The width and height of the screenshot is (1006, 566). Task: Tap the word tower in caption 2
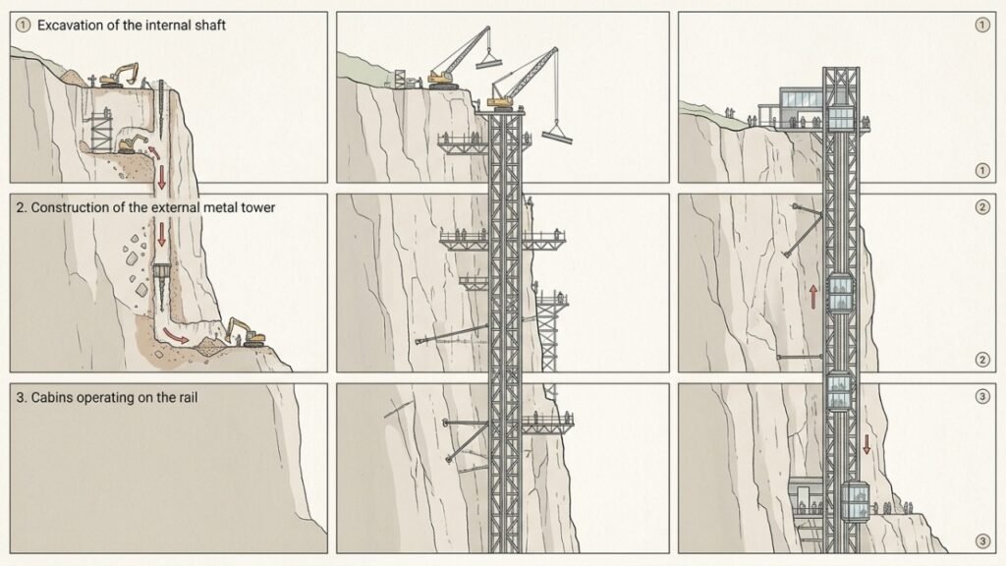257,207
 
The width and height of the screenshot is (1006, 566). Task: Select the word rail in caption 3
187,397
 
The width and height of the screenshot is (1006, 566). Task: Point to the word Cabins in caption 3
51,397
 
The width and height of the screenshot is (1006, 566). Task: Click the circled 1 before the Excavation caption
24,25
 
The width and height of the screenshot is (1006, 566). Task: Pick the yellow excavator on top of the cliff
119,75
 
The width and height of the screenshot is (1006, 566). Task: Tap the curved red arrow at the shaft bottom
176,336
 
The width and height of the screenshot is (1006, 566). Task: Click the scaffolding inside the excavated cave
101,131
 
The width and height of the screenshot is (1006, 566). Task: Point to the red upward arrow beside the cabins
813,297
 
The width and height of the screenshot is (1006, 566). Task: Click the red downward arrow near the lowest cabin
866,444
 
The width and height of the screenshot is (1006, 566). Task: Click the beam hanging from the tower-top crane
557,135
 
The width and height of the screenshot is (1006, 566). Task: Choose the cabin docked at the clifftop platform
841,118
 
